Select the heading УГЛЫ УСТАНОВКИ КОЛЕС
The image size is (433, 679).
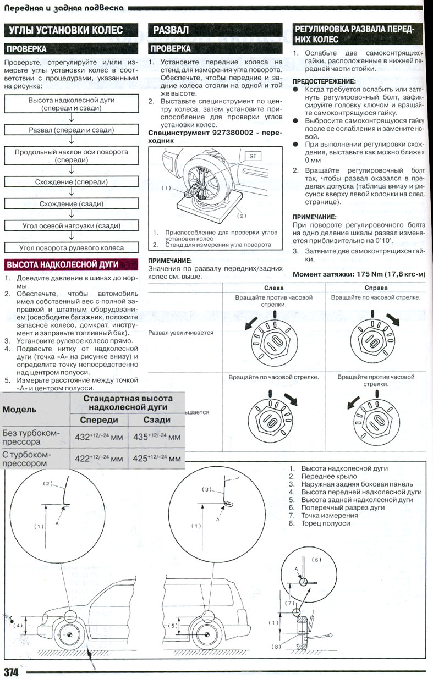pos(64,30)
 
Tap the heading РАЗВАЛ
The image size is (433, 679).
pos(171,30)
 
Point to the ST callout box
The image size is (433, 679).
pos(254,156)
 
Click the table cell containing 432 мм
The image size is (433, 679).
pos(98,437)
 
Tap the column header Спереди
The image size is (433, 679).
pos(99,419)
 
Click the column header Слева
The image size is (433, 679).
pos(274,288)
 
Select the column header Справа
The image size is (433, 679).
pos(376,288)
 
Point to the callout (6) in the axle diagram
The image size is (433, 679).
pos(316,559)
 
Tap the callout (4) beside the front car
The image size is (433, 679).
pos(18,626)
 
